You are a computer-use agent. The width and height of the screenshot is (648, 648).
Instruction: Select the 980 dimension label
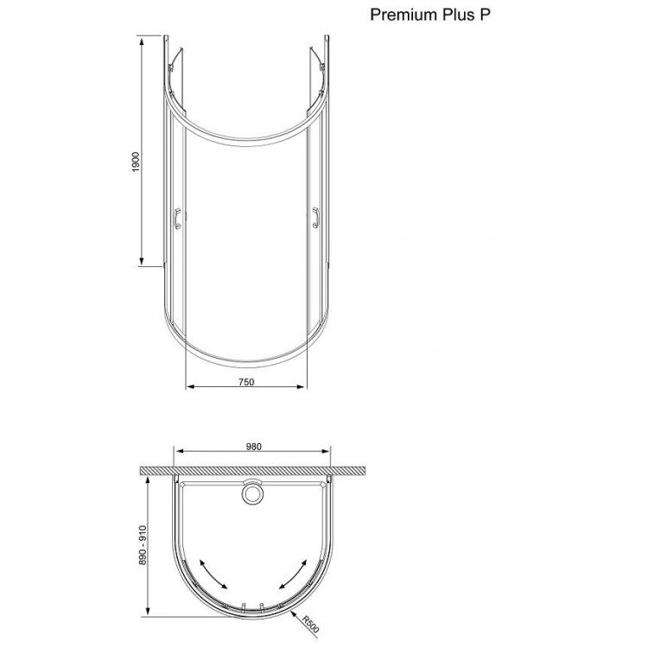[x=253, y=446]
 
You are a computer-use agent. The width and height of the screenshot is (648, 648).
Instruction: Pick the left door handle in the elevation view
[x=177, y=219]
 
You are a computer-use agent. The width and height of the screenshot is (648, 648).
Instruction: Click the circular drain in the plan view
[x=253, y=493]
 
